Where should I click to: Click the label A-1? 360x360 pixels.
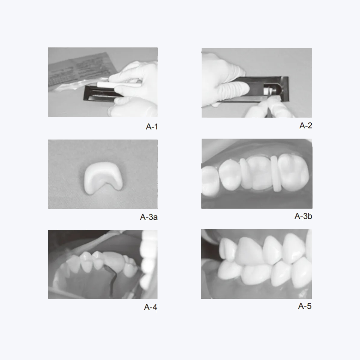pyautogui.click(x=151, y=127)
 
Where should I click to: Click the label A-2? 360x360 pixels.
pyautogui.click(x=305, y=125)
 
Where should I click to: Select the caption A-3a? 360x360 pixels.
pyautogui.click(x=148, y=217)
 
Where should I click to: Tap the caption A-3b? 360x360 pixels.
pyautogui.click(x=303, y=216)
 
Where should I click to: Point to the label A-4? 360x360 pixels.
pyautogui.click(x=150, y=307)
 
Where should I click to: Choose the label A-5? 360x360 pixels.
pyautogui.click(x=304, y=306)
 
